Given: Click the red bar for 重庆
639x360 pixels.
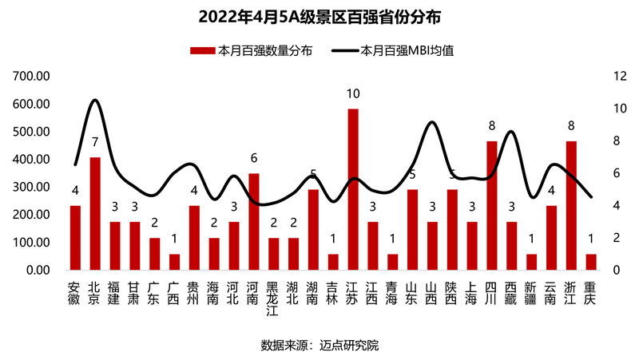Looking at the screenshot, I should pos(591,262).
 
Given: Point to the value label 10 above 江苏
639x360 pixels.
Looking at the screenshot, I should pos(353,94).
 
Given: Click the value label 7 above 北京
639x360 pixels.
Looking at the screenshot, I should pos(95,143).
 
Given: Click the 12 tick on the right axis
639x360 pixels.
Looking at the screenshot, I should pos(618,77).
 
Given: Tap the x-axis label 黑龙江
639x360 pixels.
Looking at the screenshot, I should pos(274,296).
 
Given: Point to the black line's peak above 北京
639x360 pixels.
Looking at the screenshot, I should pos(95,100).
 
